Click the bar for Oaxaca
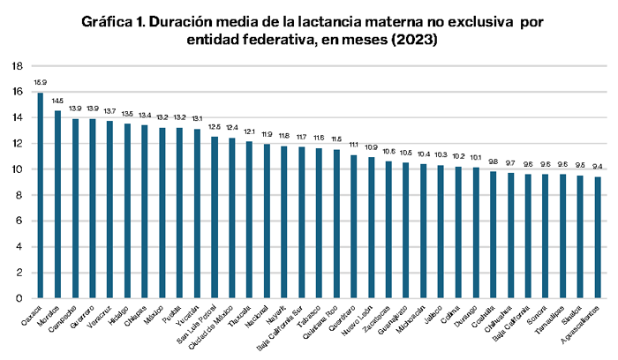click(x=41, y=195)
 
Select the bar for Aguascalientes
click(x=598, y=237)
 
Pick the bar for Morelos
click(x=58, y=204)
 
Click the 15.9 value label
click(x=41, y=83)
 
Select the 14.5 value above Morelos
click(x=58, y=101)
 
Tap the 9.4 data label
click(x=598, y=167)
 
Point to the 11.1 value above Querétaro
click(x=354, y=145)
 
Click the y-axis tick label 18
click(x=18, y=66)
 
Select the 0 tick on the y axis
click(x=20, y=298)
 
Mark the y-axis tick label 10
click(x=18, y=169)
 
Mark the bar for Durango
click(x=476, y=233)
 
